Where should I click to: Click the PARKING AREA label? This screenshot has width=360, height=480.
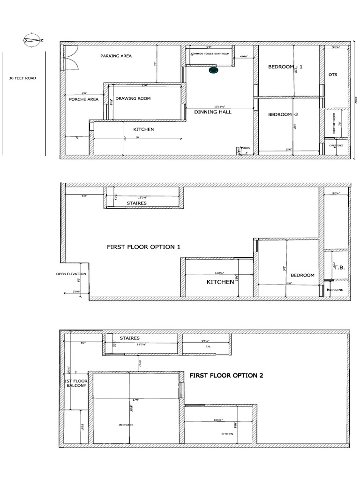[x=116, y=56]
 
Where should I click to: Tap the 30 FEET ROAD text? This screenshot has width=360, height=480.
[x=22, y=78]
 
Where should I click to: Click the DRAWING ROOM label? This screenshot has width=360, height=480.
[x=133, y=98]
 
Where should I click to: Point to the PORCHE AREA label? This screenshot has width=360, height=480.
[x=83, y=99]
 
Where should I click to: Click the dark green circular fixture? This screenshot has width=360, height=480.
[x=213, y=70]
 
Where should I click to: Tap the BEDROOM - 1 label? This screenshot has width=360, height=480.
[x=285, y=67]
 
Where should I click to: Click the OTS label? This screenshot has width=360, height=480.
[x=333, y=75]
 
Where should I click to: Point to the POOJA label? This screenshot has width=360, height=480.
[x=245, y=148]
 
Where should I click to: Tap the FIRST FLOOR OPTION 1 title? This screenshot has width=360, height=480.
[x=143, y=247]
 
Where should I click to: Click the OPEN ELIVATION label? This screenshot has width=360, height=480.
[x=71, y=274]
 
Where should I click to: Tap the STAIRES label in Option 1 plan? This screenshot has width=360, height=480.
[x=136, y=203]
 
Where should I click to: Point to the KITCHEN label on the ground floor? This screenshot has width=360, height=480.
[x=143, y=129]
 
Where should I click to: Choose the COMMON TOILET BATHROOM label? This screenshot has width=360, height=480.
[x=210, y=53]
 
